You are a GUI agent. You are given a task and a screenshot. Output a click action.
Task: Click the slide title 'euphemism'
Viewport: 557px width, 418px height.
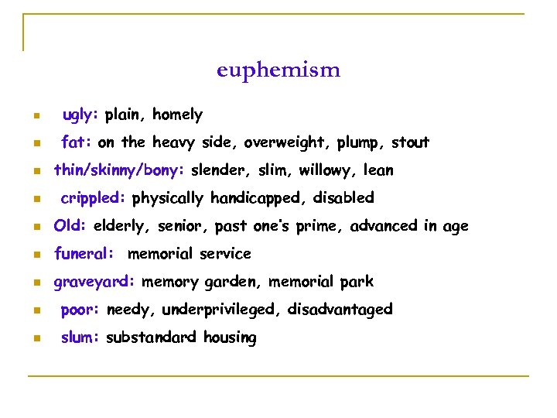(x=278, y=70)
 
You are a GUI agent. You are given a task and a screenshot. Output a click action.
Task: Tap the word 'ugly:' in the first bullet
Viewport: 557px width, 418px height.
(x=80, y=115)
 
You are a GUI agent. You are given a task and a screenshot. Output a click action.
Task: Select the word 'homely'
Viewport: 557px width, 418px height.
(x=177, y=115)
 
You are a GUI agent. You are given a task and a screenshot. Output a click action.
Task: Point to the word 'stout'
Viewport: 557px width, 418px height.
(x=410, y=142)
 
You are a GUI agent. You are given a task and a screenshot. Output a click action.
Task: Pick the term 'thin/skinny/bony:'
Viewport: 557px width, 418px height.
(x=119, y=170)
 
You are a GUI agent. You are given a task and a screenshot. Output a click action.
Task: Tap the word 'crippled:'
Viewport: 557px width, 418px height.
(x=93, y=198)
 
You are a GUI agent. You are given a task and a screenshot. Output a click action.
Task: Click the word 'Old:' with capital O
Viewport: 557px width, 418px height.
(x=70, y=226)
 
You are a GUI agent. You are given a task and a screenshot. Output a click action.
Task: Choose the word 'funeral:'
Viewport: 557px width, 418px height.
(x=84, y=254)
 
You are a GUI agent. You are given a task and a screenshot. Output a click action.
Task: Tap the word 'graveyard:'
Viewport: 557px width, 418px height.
(x=94, y=282)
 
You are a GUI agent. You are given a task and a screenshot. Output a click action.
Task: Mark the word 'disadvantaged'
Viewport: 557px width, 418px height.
(x=340, y=310)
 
